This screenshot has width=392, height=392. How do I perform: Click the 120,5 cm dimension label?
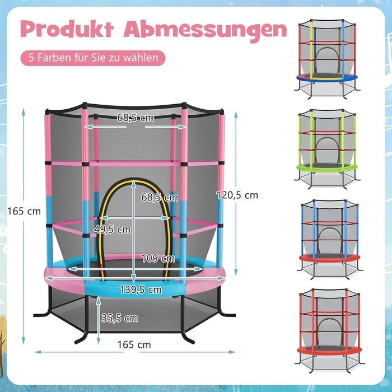[237, 195]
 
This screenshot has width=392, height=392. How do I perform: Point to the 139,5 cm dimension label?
[141, 290]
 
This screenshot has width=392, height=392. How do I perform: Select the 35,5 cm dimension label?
[120, 318]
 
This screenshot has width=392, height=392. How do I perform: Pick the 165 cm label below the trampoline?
[135, 345]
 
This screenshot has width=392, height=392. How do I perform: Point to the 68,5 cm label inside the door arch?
[160, 197]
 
